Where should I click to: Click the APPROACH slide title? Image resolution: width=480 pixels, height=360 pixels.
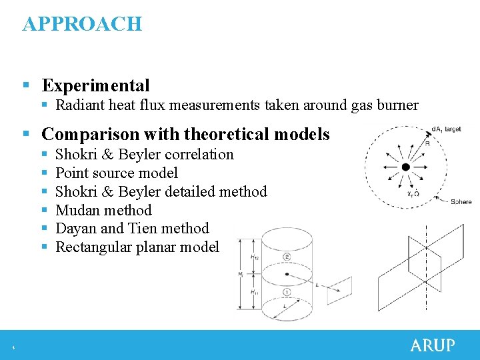[x=82, y=24]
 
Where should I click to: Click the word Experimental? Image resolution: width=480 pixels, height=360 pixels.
[x=95, y=85]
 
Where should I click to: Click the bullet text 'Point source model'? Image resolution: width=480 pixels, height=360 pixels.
[x=117, y=173]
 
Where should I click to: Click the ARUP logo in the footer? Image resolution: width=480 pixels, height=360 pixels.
[x=433, y=345]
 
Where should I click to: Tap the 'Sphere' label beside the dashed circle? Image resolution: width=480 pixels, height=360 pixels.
[x=461, y=201]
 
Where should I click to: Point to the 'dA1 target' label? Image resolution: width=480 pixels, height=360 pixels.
[x=446, y=129]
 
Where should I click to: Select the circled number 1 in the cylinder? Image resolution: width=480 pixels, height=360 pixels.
[x=286, y=292]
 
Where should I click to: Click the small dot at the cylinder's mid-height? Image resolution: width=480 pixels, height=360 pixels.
[x=287, y=273]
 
